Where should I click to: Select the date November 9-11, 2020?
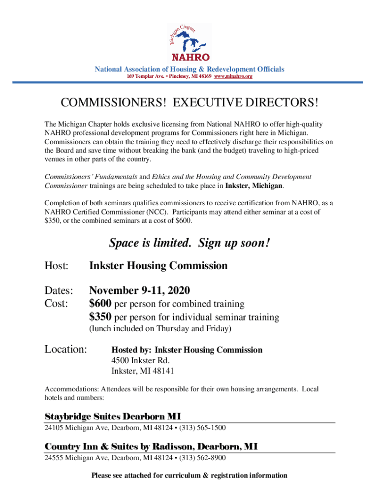tap(139, 290)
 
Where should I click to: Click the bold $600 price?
tap(100, 304)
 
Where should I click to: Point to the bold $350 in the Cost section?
tap(100, 317)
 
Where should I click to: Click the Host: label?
tap(56, 266)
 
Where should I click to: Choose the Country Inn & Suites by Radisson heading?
tap(151, 446)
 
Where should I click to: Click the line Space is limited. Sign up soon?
tap(189, 243)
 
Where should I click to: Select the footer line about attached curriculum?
tap(189, 475)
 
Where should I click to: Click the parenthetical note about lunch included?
tap(160, 328)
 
